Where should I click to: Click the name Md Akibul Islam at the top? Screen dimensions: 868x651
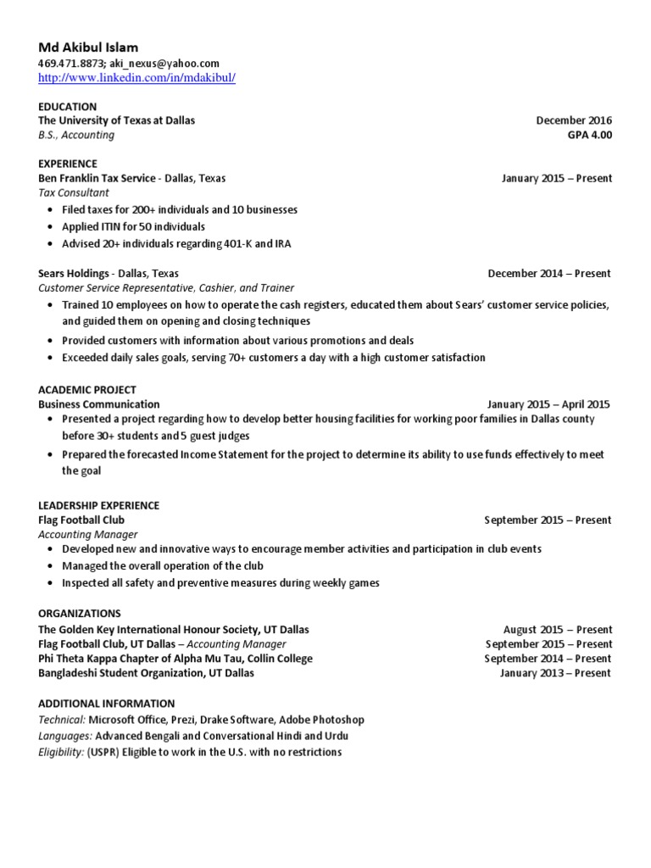coord(88,47)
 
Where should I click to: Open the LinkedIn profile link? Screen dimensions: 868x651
coord(136,78)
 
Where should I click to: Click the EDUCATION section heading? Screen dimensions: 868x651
coord(68,107)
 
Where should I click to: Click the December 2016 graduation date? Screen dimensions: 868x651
coord(574,120)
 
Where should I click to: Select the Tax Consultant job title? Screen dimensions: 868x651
coord(74,193)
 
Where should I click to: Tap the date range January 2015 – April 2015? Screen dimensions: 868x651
coord(548,404)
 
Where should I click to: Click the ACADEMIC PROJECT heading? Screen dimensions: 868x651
coord(87,390)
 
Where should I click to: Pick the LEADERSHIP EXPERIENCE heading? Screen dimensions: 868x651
coord(98,505)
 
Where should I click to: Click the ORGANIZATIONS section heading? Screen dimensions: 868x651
coord(80,614)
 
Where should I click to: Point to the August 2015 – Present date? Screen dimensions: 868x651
coord(557,630)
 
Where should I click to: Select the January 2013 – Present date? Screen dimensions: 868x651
coord(555,673)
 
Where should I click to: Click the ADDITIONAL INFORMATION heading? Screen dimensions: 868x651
coord(107,704)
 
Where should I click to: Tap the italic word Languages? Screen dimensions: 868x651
coord(65,736)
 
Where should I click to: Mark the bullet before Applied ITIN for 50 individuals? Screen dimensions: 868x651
coord(51,227)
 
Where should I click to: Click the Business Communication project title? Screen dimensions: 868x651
coord(99,404)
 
